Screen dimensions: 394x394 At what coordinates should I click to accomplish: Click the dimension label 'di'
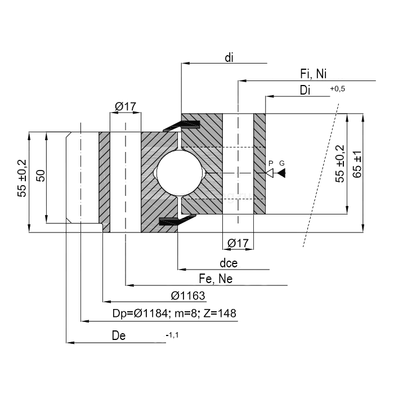pos(229,57)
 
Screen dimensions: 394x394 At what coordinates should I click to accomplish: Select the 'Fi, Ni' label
pos(314,74)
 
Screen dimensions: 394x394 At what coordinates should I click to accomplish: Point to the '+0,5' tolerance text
pos(338,89)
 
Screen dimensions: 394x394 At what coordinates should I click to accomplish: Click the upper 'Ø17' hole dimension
pos(125,106)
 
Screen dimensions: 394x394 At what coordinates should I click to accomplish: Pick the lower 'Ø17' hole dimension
pos(238,243)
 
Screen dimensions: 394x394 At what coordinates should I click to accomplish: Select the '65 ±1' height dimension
pos(357,164)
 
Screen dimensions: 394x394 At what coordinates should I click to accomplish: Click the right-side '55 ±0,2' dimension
pos(340,163)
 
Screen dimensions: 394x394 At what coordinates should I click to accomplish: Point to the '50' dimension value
pos(40,176)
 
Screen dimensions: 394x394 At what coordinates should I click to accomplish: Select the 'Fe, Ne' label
pos(216,279)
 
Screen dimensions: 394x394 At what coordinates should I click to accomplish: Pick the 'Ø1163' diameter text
pos(187,295)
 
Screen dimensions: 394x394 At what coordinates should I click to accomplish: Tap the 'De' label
pos(119,336)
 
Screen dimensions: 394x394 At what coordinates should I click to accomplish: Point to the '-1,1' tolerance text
pos(172,335)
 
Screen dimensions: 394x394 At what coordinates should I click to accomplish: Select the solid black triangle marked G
pos(281,173)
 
